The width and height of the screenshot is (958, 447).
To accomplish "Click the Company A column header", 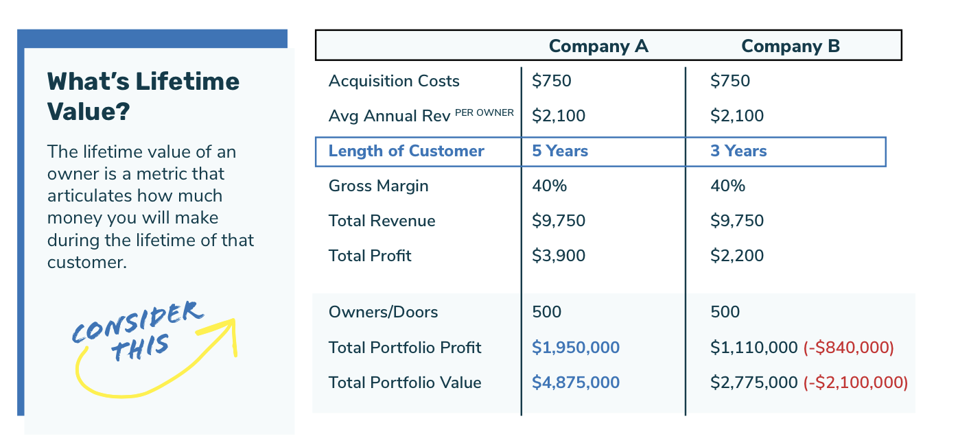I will pyautogui.click(x=598, y=47).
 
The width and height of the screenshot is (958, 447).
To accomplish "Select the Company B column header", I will pyautogui.click(x=791, y=47).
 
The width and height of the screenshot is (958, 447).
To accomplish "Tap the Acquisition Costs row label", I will pyautogui.click(x=394, y=81).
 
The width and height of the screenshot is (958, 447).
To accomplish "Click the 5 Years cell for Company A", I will pyautogui.click(x=560, y=152).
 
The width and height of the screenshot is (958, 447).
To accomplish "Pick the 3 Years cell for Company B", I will pyautogui.click(x=738, y=152).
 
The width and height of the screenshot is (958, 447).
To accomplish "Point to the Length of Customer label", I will pyautogui.click(x=406, y=152).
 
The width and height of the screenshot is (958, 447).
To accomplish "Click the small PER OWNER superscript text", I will pyautogui.click(x=484, y=112).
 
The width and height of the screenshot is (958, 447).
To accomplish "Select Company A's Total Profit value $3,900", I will pyautogui.click(x=559, y=256).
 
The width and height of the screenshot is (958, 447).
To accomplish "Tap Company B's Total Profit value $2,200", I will pyautogui.click(x=737, y=256).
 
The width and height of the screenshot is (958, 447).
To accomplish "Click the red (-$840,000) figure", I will pyautogui.click(x=848, y=348).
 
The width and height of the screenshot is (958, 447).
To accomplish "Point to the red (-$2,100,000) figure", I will pyautogui.click(x=855, y=383).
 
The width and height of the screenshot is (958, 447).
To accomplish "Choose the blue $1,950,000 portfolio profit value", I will pyautogui.click(x=576, y=348).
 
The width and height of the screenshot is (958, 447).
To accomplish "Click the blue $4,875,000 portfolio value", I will pyautogui.click(x=576, y=383).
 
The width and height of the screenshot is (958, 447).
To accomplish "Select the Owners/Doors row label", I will pyautogui.click(x=383, y=312).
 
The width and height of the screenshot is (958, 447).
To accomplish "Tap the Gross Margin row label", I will pyautogui.click(x=378, y=186).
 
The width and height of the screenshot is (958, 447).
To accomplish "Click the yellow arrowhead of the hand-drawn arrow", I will pyautogui.click(x=229, y=328).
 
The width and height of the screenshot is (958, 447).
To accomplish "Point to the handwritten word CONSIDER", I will pyautogui.click(x=137, y=322).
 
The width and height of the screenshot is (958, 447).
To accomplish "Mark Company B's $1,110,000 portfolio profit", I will pyautogui.click(x=754, y=348).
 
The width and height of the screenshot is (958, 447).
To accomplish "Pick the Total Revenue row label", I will pyautogui.click(x=382, y=221).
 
